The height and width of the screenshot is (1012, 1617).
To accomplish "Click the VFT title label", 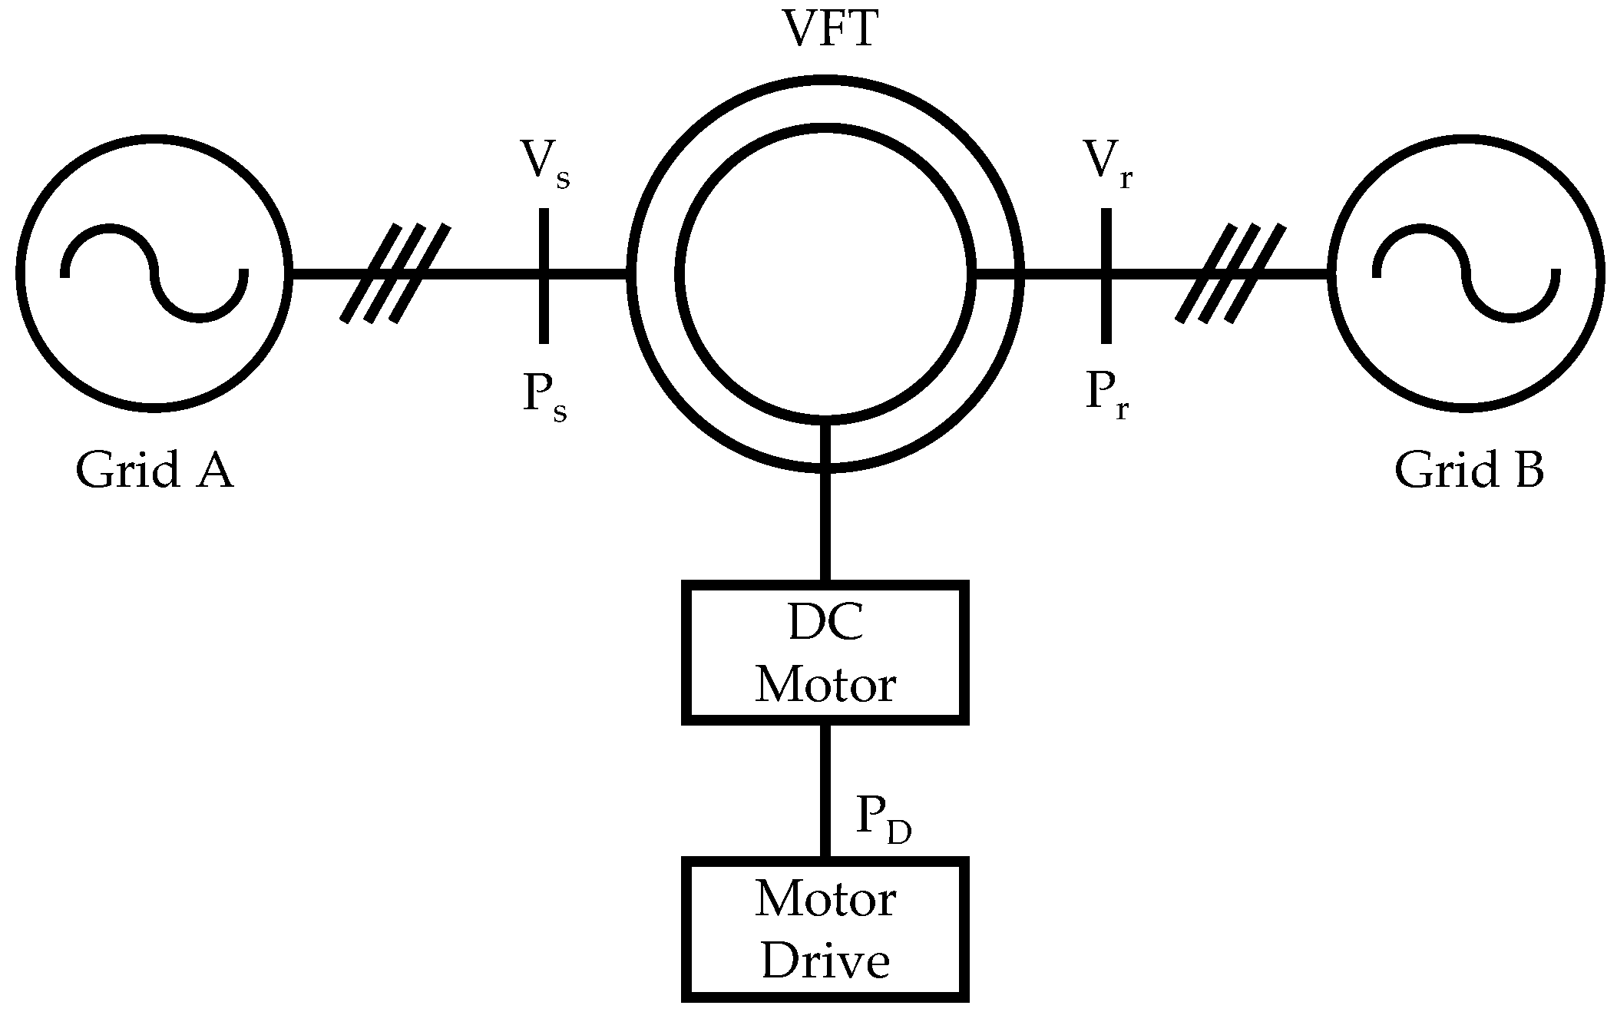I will click(828, 31).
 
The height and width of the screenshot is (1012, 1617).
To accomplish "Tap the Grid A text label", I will click(154, 470).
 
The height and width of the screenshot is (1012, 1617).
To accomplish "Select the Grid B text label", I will click(1468, 470).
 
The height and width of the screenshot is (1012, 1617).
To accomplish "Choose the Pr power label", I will click(1106, 396).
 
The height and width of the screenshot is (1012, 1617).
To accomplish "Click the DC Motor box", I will click(825, 653).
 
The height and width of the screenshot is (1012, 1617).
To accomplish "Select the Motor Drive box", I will click(825, 929).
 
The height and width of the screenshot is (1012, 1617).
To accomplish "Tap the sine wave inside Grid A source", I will click(154, 273).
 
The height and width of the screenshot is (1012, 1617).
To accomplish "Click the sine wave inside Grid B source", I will click(1467, 273).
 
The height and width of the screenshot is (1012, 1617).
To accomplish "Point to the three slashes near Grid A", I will click(395, 273).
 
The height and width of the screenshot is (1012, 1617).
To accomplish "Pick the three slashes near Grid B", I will click(1231, 273).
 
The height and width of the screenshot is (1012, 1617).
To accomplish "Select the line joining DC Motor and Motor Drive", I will click(825, 791).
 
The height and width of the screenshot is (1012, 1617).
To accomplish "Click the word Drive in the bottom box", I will click(825, 961).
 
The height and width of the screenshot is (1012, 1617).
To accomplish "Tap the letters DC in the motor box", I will click(825, 624).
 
